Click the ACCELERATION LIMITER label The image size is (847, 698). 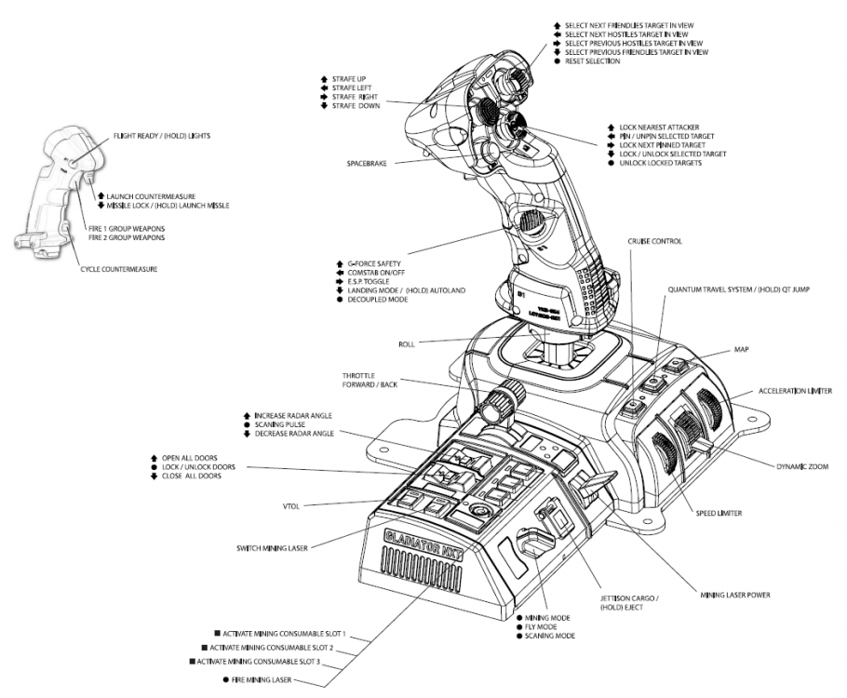794,391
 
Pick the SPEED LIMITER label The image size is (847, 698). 719,513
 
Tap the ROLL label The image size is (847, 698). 406,344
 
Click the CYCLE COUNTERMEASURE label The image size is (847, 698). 117,269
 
